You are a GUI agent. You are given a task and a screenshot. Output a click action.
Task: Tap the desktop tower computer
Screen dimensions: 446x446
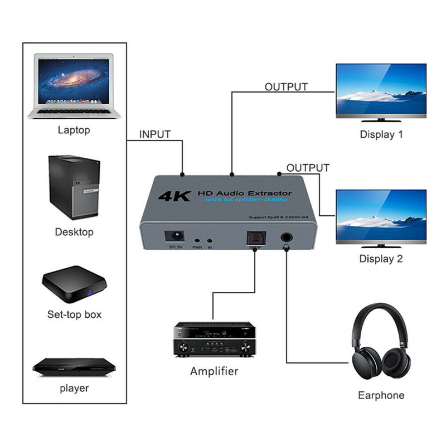point(74,187)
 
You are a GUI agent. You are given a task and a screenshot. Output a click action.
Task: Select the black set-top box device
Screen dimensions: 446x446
point(74,284)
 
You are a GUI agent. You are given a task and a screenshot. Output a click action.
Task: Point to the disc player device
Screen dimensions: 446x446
point(74,365)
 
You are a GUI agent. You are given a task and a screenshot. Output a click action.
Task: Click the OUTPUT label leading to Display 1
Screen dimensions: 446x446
point(286,87)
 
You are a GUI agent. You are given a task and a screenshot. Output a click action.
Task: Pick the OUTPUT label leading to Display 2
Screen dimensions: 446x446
point(308,168)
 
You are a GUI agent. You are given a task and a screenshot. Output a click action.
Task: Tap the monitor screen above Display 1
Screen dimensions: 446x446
point(381,91)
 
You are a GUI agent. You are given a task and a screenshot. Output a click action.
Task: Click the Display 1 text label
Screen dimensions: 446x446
point(381,134)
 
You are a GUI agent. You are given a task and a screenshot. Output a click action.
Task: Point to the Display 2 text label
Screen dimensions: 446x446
point(381,259)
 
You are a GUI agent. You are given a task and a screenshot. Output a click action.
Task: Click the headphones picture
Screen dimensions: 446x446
point(381,346)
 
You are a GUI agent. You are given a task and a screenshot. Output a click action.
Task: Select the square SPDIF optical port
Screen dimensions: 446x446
point(254,238)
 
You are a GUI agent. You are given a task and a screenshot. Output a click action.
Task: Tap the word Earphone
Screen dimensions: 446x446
point(381,395)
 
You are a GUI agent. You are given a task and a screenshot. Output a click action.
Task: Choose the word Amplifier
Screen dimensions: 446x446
point(214,371)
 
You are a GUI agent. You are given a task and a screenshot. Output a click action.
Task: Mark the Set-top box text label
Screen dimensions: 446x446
point(74,314)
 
